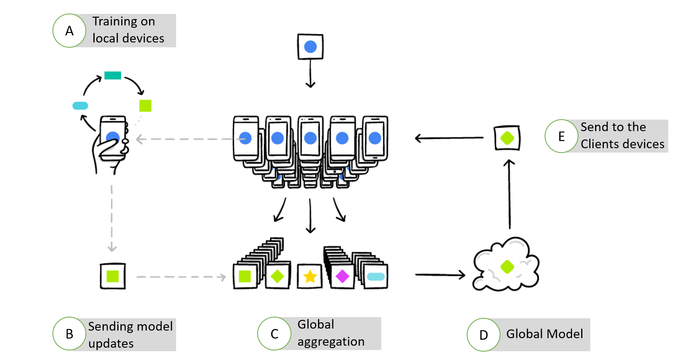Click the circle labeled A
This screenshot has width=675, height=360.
click(70, 31)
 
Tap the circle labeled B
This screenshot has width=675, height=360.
click(70, 334)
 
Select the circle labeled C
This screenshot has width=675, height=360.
click(274, 334)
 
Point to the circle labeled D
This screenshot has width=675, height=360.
click(483, 335)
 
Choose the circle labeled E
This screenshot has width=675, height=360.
click(561, 136)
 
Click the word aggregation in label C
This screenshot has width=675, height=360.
click(331, 342)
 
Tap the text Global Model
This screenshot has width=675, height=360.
click(544, 334)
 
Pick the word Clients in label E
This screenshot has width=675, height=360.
click(600, 144)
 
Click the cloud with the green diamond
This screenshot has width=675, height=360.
click(506, 265)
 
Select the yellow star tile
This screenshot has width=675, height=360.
click(310, 276)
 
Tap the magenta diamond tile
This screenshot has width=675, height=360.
click(342, 276)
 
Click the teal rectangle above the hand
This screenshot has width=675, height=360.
click(112, 75)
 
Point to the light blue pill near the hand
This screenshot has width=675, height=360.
click(80, 106)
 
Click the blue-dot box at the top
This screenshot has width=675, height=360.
click(310, 46)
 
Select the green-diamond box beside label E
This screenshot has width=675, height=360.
click(507, 138)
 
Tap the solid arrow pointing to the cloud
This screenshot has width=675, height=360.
click(440, 274)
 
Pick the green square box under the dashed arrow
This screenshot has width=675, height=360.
click(113, 276)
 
